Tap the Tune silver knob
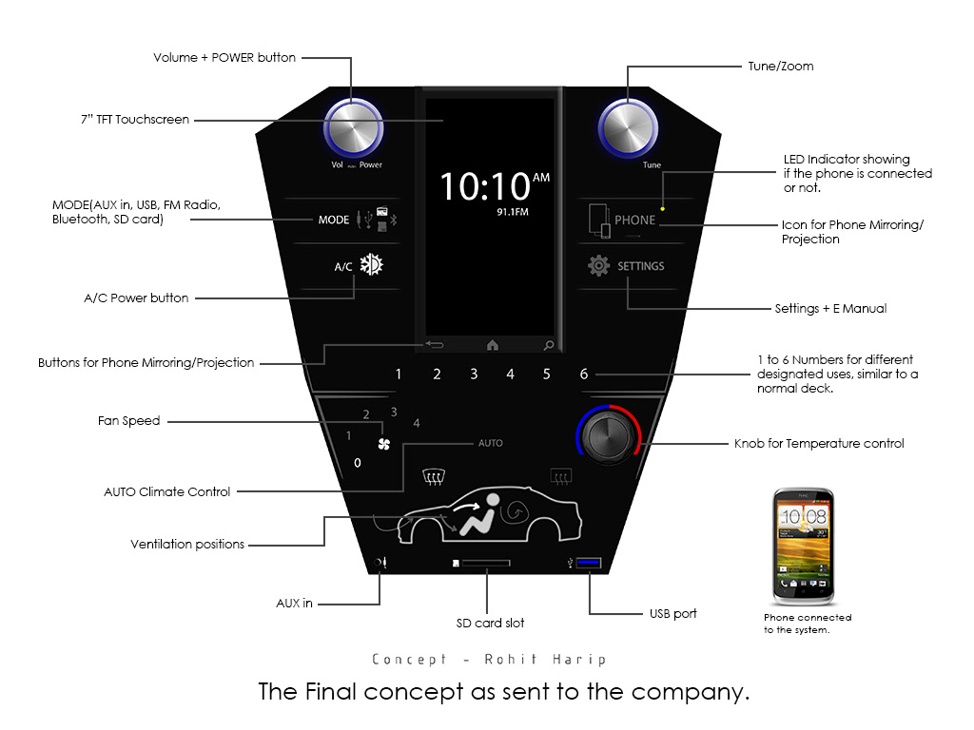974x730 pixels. tap(627, 126)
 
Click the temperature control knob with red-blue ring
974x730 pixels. tap(609, 437)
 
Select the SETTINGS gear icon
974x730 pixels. tap(598, 266)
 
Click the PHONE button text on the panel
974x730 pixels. tap(634, 220)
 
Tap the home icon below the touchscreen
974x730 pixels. tap(493, 345)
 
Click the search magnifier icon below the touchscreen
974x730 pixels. tap(549, 345)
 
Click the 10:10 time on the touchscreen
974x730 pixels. tap(481, 186)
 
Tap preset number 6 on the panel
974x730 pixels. tap(584, 375)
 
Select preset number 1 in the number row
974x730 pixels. tap(399, 375)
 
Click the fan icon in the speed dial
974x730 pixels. tap(384, 444)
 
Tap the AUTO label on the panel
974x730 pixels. tap(490, 443)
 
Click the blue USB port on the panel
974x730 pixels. tap(588, 565)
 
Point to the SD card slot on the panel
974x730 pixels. tap(485, 563)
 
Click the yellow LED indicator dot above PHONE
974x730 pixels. tap(663, 206)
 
